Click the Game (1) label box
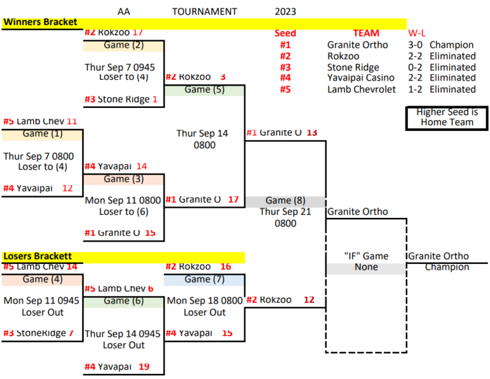(x=42, y=134)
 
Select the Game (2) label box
(x=124, y=45)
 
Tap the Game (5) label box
(x=204, y=90)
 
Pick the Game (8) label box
(x=285, y=201)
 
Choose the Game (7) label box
(x=204, y=279)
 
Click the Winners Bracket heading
(x=41, y=22)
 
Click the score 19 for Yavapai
(x=143, y=367)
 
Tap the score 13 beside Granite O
(x=311, y=132)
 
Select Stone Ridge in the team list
(x=353, y=67)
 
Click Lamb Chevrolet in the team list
(x=361, y=89)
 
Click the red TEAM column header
(x=366, y=33)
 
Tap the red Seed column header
(x=285, y=33)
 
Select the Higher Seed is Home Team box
(x=447, y=118)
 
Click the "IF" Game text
(x=366, y=256)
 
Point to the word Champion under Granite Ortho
(x=447, y=267)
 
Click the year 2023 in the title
(x=285, y=12)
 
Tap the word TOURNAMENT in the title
(x=204, y=12)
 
